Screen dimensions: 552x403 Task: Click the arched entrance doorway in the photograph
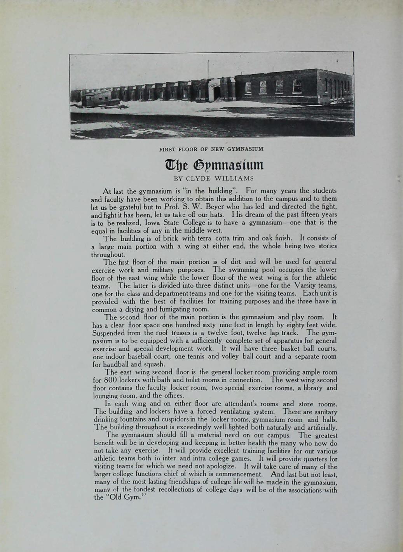[216, 92]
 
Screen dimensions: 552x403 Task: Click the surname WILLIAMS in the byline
[235, 179]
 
